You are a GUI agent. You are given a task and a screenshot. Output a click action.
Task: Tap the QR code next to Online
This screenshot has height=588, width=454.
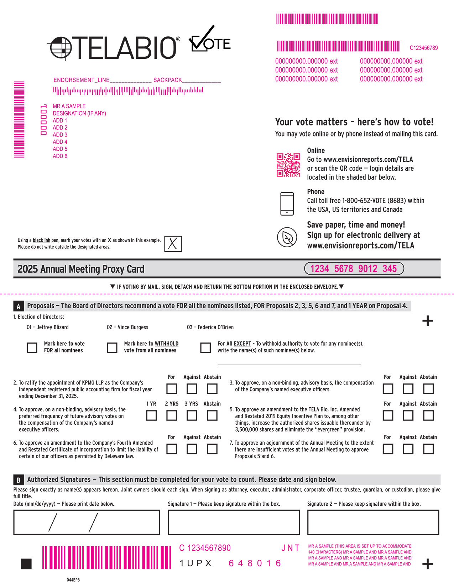288,165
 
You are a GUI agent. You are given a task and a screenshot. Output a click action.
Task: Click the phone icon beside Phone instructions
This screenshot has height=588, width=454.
287,204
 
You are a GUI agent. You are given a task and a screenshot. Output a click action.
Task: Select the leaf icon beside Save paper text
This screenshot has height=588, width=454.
287,237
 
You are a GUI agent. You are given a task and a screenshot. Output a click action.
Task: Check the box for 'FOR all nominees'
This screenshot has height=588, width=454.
32,347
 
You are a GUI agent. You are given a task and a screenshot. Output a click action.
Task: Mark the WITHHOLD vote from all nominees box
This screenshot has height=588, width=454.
112,347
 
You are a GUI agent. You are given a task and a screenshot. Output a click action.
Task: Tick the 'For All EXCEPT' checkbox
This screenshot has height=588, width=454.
205,347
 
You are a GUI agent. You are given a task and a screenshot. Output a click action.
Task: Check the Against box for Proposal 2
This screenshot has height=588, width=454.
192,388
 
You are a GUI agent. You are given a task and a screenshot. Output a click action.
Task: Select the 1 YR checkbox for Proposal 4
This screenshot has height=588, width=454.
151,415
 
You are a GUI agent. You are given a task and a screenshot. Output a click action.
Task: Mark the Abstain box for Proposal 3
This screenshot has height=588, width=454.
428,388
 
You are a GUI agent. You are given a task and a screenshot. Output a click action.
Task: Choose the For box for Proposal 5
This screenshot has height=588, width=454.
388,415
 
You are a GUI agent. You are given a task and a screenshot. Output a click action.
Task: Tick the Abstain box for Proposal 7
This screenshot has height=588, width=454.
428,449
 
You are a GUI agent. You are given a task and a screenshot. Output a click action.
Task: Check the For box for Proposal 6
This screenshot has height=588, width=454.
172,449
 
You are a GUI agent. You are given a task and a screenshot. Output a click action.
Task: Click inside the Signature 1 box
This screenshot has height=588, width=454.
234,522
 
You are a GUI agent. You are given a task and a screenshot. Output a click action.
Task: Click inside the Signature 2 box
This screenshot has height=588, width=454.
373,522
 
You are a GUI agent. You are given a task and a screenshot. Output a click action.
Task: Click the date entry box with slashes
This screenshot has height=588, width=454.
87,522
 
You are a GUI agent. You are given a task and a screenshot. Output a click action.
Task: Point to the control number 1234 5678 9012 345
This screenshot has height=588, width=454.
354,269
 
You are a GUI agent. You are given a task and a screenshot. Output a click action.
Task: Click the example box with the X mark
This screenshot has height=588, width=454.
173,244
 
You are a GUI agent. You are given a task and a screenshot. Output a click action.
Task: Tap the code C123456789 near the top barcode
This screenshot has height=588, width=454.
424,48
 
